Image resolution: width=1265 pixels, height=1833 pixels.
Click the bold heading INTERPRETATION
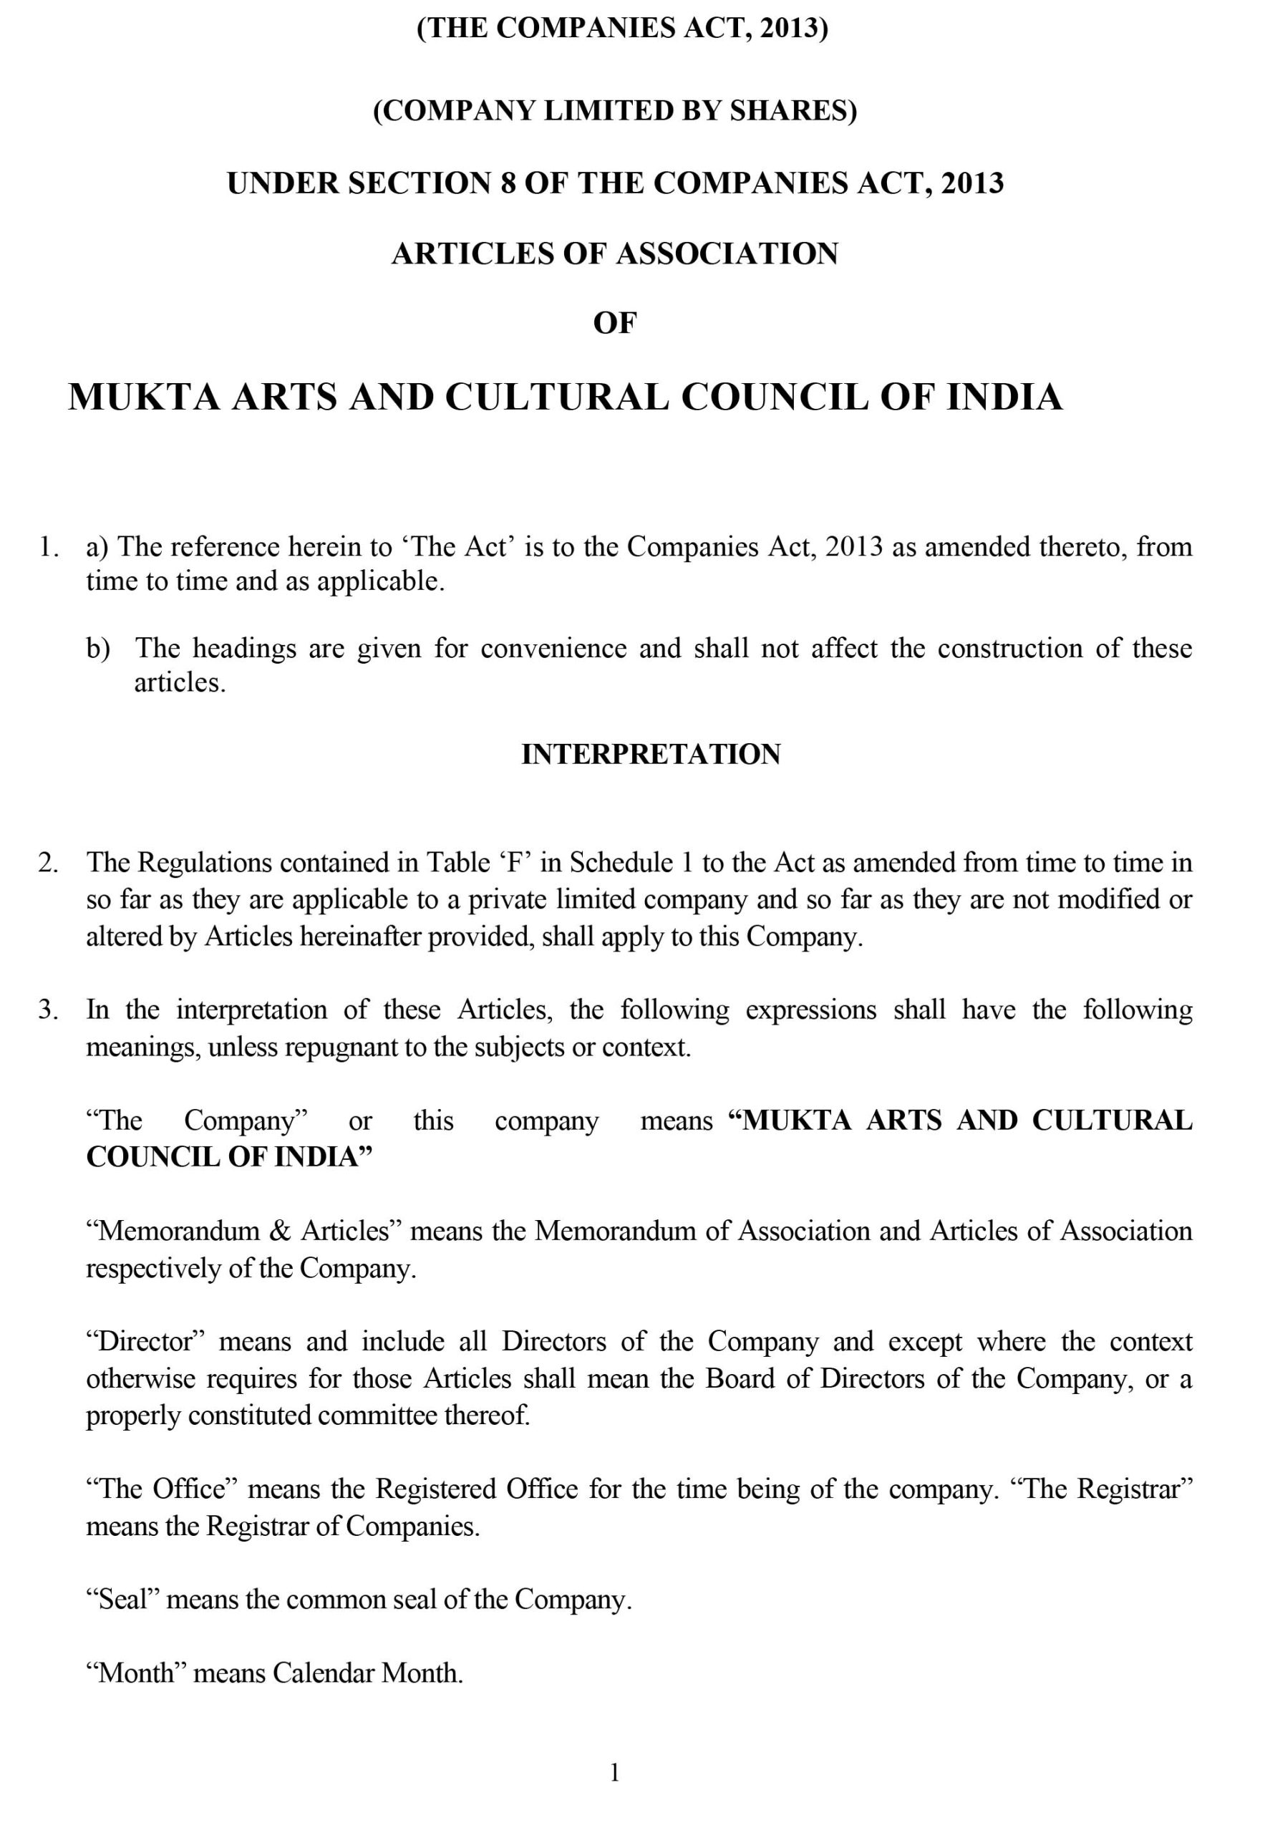[650, 754]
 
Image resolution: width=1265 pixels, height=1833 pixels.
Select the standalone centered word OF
[614, 323]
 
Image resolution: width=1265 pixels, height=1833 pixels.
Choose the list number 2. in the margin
[49, 863]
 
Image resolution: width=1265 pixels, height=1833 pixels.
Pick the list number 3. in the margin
[49, 1010]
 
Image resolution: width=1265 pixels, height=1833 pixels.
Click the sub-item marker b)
[97, 649]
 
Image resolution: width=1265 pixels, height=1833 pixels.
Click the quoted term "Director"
[146, 1341]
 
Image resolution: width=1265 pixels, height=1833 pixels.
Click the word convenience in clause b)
[553, 649]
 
